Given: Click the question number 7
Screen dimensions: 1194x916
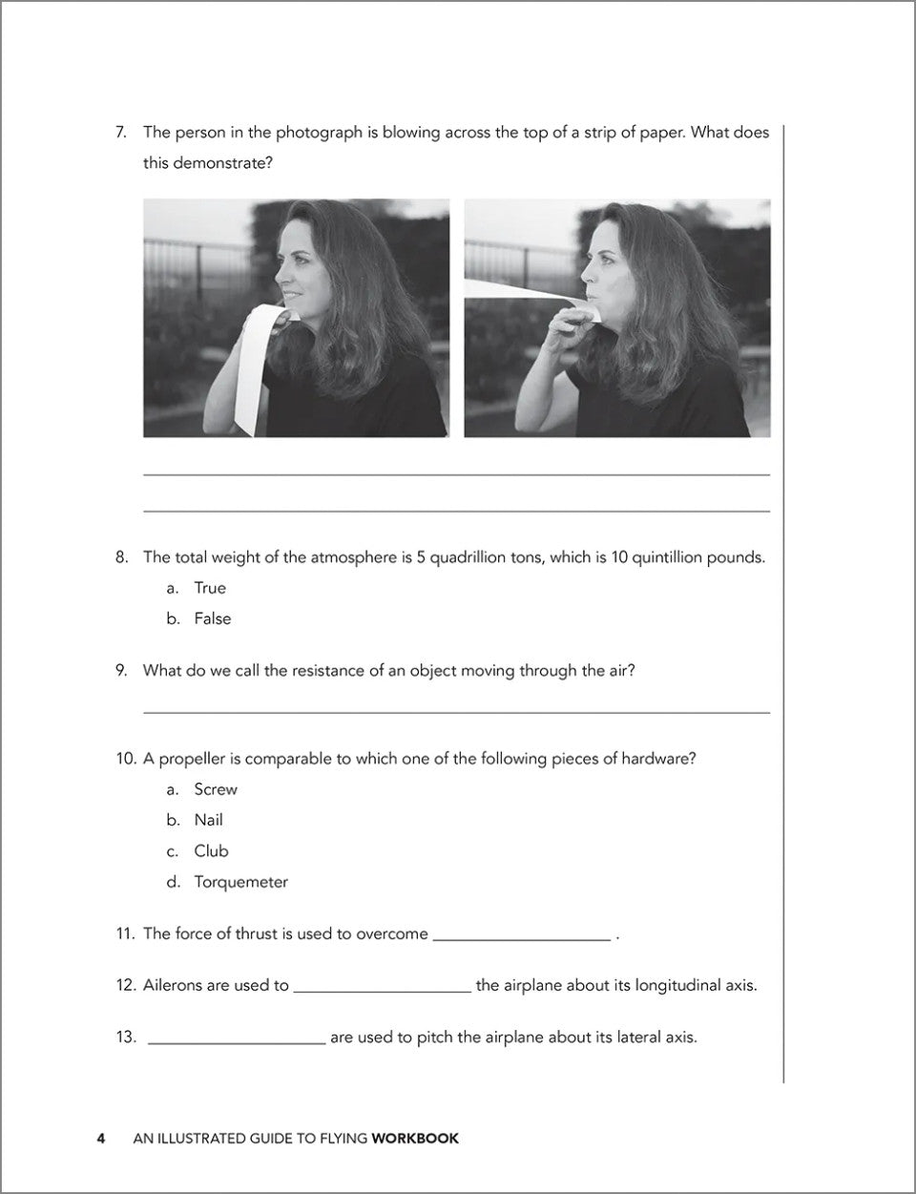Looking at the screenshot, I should click(x=120, y=133).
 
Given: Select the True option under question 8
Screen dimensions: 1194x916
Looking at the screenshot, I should click(x=210, y=588).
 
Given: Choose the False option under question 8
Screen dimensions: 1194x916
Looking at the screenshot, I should click(x=212, y=618).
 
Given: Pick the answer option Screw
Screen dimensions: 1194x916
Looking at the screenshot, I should click(x=216, y=789).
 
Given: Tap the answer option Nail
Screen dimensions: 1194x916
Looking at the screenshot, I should click(x=208, y=820).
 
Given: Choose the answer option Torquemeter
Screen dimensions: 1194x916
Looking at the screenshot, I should click(x=240, y=882).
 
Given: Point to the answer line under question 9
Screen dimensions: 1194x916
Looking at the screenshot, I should click(x=456, y=711).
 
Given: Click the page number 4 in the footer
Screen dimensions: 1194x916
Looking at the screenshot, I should click(x=100, y=1139).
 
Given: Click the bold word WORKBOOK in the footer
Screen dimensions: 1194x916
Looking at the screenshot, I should click(x=415, y=1139).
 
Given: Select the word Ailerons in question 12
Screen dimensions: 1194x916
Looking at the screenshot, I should click(x=175, y=985).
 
